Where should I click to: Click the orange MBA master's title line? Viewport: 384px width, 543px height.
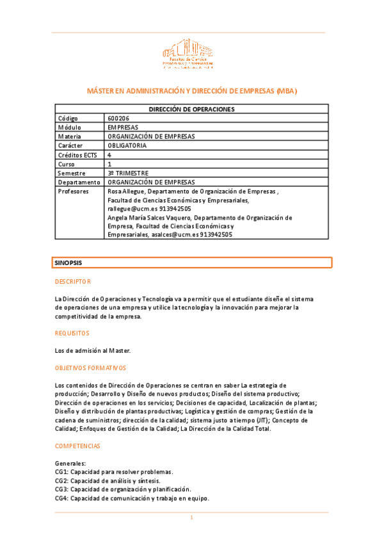192,92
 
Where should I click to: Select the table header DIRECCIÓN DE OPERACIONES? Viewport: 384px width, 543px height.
192,109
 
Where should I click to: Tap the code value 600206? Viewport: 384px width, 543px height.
118,118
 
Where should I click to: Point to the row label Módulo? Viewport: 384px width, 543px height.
69,127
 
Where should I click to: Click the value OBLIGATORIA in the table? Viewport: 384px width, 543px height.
127,145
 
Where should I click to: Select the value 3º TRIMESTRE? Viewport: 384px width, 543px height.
129,173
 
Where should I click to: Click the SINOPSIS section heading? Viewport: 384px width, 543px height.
68,263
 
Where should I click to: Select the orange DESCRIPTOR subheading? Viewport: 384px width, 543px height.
73,282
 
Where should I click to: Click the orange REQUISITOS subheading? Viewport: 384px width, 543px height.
72,333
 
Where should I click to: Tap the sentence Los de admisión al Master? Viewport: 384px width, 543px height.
93,350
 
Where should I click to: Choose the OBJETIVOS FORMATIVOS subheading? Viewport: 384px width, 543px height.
91,368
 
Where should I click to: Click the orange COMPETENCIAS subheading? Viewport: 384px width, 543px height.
77,446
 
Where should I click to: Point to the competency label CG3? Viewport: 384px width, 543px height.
61,489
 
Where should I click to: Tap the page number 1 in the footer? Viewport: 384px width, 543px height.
191,517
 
